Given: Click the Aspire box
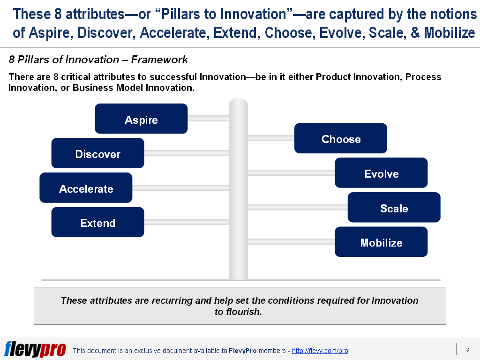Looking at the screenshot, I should click(141, 119).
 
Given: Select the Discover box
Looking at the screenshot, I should click(97, 153).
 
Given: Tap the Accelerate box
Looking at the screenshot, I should click(86, 188).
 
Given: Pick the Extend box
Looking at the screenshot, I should click(97, 222).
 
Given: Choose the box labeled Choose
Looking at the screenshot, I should click(341, 138).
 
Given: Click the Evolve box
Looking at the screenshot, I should click(381, 173).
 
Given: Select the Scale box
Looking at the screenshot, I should click(394, 208).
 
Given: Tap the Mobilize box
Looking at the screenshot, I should click(381, 242).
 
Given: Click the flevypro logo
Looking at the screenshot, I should click(35, 349).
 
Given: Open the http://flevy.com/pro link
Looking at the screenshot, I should click(320, 351).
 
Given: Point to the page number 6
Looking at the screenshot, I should click(467, 350).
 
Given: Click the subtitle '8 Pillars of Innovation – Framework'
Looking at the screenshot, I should click(98, 60).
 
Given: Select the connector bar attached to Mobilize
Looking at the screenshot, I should click(291, 242).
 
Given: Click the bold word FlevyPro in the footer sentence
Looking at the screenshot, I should click(242, 351).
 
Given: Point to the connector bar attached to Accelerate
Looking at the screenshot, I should click(180, 188).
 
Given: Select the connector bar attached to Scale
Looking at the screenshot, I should click(297, 207).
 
